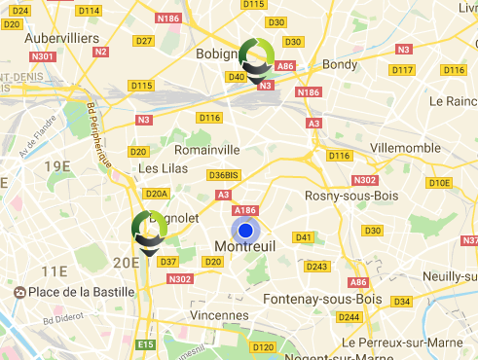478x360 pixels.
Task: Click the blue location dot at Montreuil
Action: tap(245, 231)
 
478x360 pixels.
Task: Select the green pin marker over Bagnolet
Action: tap(149, 230)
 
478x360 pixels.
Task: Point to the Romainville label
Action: tap(206, 150)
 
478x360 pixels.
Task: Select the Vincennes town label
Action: tap(219, 315)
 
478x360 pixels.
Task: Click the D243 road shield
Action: tap(317, 266)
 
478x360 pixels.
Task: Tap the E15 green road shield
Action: tap(146, 344)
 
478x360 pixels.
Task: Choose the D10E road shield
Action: tap(440, 182)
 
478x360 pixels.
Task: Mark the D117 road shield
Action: tap(402, 70)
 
